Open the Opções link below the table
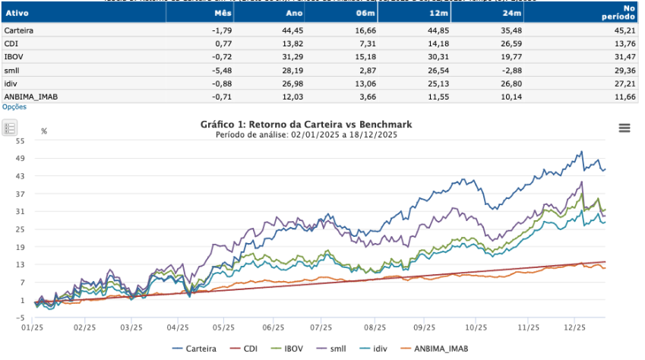(x=14, y=107)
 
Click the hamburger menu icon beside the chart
(x=624, y=128)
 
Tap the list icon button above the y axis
(x=11, y=128)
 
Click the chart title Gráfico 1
(x=305, y=124)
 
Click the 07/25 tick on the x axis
(x=319, y=329)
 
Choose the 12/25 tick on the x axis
(x=574, y=329)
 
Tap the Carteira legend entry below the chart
(x=195, y=349)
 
